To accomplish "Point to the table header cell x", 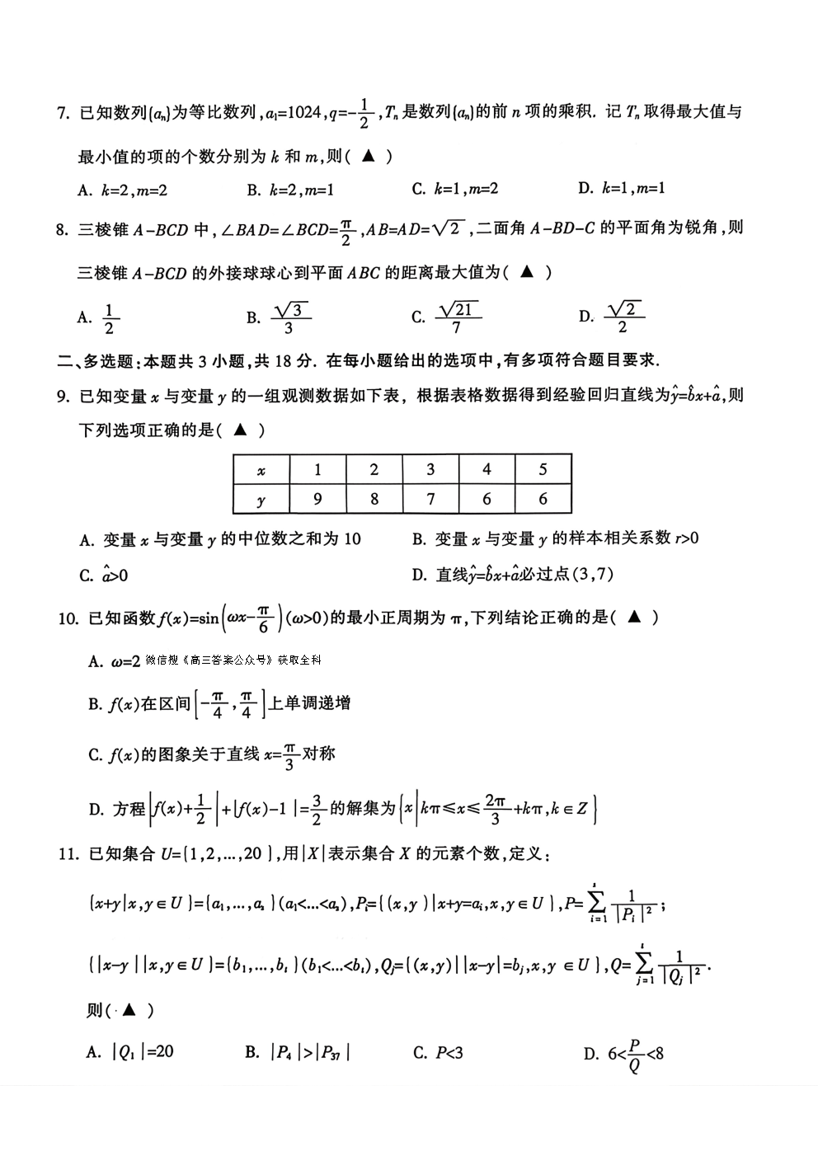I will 261,470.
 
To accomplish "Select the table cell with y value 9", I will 317,499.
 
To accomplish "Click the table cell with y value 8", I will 374,499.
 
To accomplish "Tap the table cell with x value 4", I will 487,470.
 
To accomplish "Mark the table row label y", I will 261,499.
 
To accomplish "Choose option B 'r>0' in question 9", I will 555,538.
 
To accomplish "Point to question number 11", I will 68,854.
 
